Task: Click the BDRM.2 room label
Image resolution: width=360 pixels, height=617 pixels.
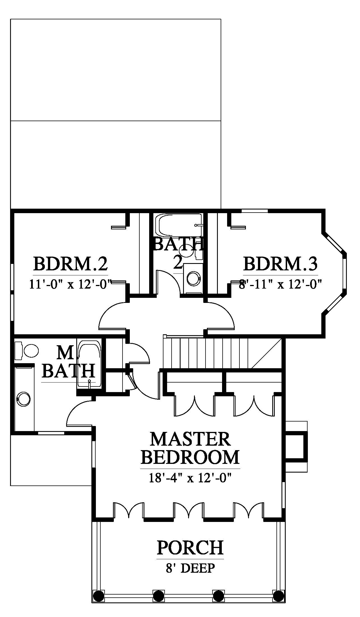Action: point(71,264)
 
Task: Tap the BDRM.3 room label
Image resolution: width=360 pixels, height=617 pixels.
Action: point(280,264)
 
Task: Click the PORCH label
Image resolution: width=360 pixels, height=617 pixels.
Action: point(190,547)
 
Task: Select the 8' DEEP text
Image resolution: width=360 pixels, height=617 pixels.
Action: point(190,568)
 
